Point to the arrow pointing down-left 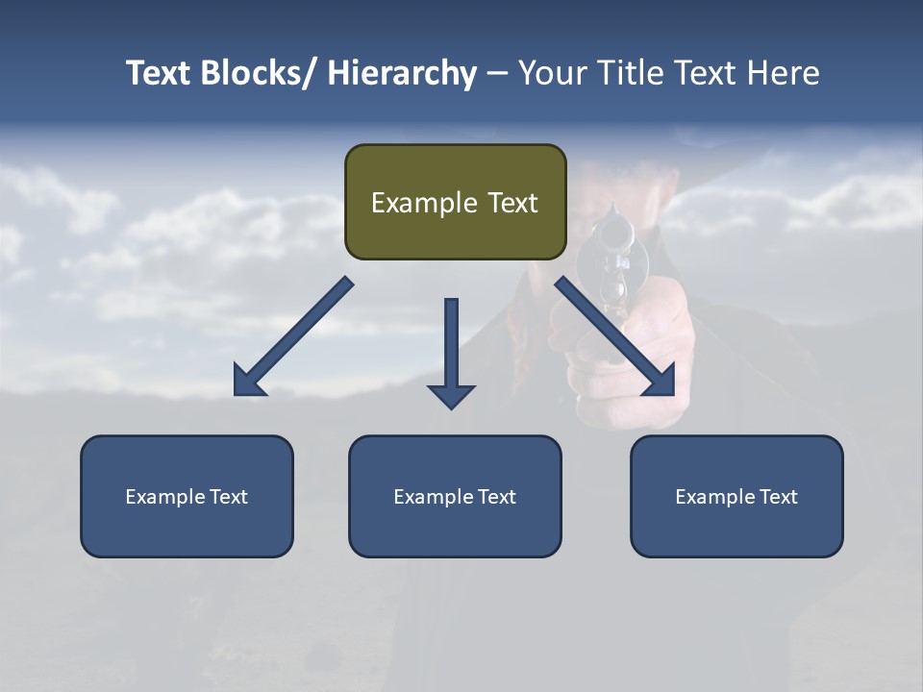[292, 336]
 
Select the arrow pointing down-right [615, 336]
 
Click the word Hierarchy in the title [401, 74]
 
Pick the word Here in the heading [783, 74]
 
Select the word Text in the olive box [512, 203]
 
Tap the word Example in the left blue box [164, 497]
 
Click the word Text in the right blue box [777, 497]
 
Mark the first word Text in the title [158, 74]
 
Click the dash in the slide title [497, 74]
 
